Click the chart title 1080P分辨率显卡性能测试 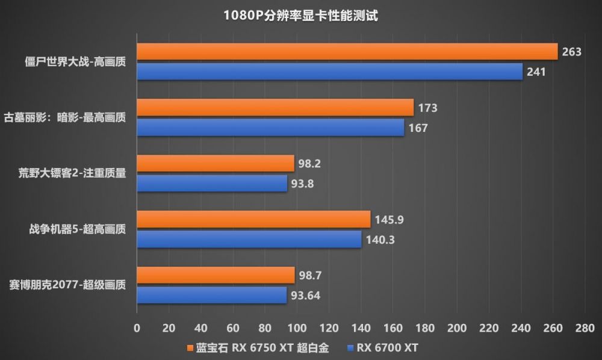pyautogui.click(x=300, y=16)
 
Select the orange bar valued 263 pyautogui.click(x=347, y=51)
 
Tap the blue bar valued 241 pyautogui.click(x=330, y=72)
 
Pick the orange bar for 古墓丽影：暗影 pyautogui.click(x=275, y=108)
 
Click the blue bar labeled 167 pyautogui.click(x=271, y=128)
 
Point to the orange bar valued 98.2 pyautogui.click(x=216, y=164)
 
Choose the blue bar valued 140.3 pyautogui.click(x=249, y=239)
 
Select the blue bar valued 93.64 pyautogui.click(x=212, y=295)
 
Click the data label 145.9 pyautogui.click(x=389, y=220)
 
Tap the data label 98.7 pyautogui.click(x=310, y=275)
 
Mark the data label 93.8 pyautogui.click(x=302, y=184)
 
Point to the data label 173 pyautogui.click(x=427, y=108)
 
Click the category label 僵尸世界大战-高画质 pyautogui.click(x=75, y=62)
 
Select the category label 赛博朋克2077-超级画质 pyautogui.click(x=67, y=285)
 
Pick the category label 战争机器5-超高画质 pyautogui.click(x=78, y=229)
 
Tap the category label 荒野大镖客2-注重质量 pyautogui.click(x=72, y=173)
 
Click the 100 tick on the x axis pyautogui.click(x=297, y=328)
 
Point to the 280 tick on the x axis pyautogui.click(x=585, y=328)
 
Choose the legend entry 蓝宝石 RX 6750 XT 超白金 pyautogui.click(x=258, y=348)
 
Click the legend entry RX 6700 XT pyautogui.click(x=382, y=348)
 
